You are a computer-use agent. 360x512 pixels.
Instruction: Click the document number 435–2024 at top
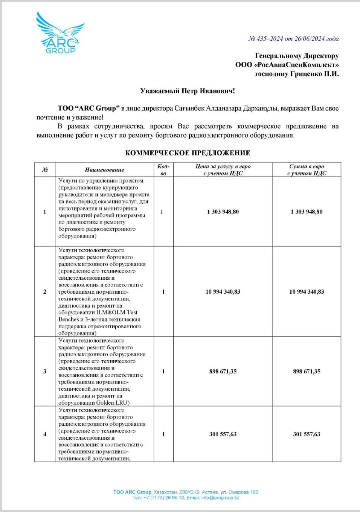270,39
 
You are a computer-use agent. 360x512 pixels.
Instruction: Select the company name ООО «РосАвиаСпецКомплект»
287,65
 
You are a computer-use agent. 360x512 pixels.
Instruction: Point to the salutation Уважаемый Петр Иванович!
188,91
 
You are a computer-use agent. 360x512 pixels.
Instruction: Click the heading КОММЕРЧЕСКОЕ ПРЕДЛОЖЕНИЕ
188,153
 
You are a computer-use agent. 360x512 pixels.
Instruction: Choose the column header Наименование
104,170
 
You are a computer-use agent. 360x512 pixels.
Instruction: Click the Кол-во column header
163,170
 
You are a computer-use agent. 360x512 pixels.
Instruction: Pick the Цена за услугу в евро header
223,170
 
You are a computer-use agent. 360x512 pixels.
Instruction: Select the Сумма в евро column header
307,170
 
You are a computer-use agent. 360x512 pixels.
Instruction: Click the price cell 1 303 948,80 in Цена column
223,212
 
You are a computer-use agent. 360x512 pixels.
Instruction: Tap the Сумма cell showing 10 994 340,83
307,292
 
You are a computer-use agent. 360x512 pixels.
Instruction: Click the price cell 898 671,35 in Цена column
223,372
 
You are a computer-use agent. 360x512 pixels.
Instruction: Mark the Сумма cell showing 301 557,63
307,434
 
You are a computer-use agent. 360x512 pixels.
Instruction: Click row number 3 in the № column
45,372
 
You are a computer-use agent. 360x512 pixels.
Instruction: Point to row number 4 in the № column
45,434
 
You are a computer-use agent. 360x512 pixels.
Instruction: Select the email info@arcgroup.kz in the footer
220,498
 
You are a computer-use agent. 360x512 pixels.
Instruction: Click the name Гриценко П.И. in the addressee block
314,74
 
